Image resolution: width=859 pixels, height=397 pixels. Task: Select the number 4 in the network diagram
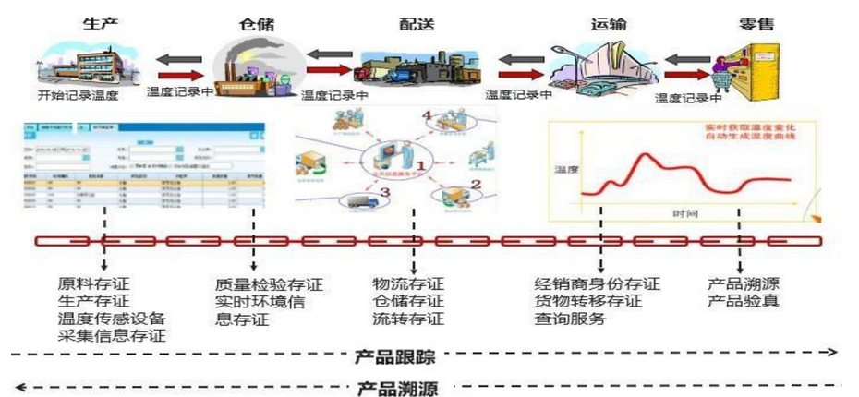point(427,116)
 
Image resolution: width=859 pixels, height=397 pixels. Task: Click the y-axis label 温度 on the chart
point(566,169)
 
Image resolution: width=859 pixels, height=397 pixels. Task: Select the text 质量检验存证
point(269,283)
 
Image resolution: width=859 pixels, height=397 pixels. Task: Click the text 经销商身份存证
point(598,283)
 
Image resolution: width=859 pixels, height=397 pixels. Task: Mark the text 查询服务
point(570,319)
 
